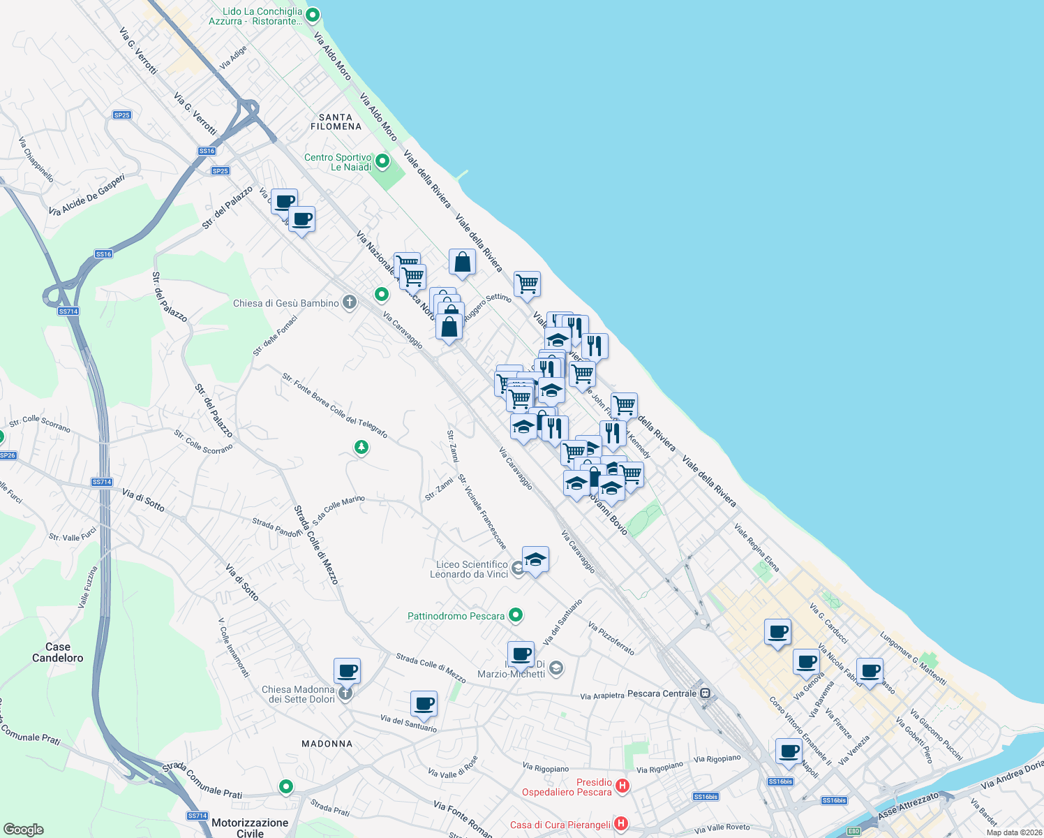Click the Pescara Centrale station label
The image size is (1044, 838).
point(662,693)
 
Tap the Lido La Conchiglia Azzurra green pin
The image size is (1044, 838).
point(313,15)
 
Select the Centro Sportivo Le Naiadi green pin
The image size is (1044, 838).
point(382,162)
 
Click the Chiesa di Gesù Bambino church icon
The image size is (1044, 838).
point(350,302)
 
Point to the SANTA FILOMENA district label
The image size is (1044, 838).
point(336,122)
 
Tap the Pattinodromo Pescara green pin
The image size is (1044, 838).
point(516,615)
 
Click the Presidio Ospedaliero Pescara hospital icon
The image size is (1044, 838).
point(623,786)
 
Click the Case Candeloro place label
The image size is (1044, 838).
point(58,652)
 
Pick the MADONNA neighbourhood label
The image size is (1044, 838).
point(327,744)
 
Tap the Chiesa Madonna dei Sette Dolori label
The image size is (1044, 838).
point(298,694)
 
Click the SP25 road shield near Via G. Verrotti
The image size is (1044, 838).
point(121,115)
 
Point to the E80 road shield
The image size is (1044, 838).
point(854,831)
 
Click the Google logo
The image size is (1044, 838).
point(23,830)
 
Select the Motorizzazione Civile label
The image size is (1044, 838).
point(250,828)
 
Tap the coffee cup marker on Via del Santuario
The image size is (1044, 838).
point(424,703)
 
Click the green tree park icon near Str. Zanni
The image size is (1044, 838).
point(361,446)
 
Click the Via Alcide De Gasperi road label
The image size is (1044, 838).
point(87,195)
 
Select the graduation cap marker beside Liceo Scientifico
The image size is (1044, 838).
point(535,559)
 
